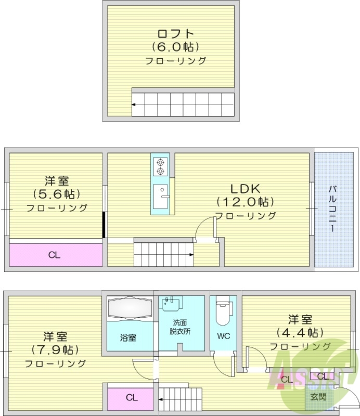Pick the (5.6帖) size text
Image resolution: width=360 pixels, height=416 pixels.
click(x=57, y=194)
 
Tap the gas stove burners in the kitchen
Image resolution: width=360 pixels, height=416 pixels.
click(x=160, y=166)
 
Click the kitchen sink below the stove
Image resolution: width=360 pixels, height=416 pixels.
click(x=160, y=197)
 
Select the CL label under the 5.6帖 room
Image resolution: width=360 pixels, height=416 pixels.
click(x=55, y=255)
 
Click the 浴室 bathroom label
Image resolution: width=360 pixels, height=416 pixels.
click(x=128, y=338)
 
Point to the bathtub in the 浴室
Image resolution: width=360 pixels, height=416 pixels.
click(x=128, y=310)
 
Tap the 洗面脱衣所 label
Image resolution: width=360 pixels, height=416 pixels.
click(x=180, y=327)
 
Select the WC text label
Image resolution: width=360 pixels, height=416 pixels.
click(x=223, y=336)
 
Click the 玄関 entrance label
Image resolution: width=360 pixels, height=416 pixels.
click(x=318, y=397)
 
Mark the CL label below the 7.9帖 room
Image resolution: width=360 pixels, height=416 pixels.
click(x=132, y=398)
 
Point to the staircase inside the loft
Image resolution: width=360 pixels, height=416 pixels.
click(x=183, y=105)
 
